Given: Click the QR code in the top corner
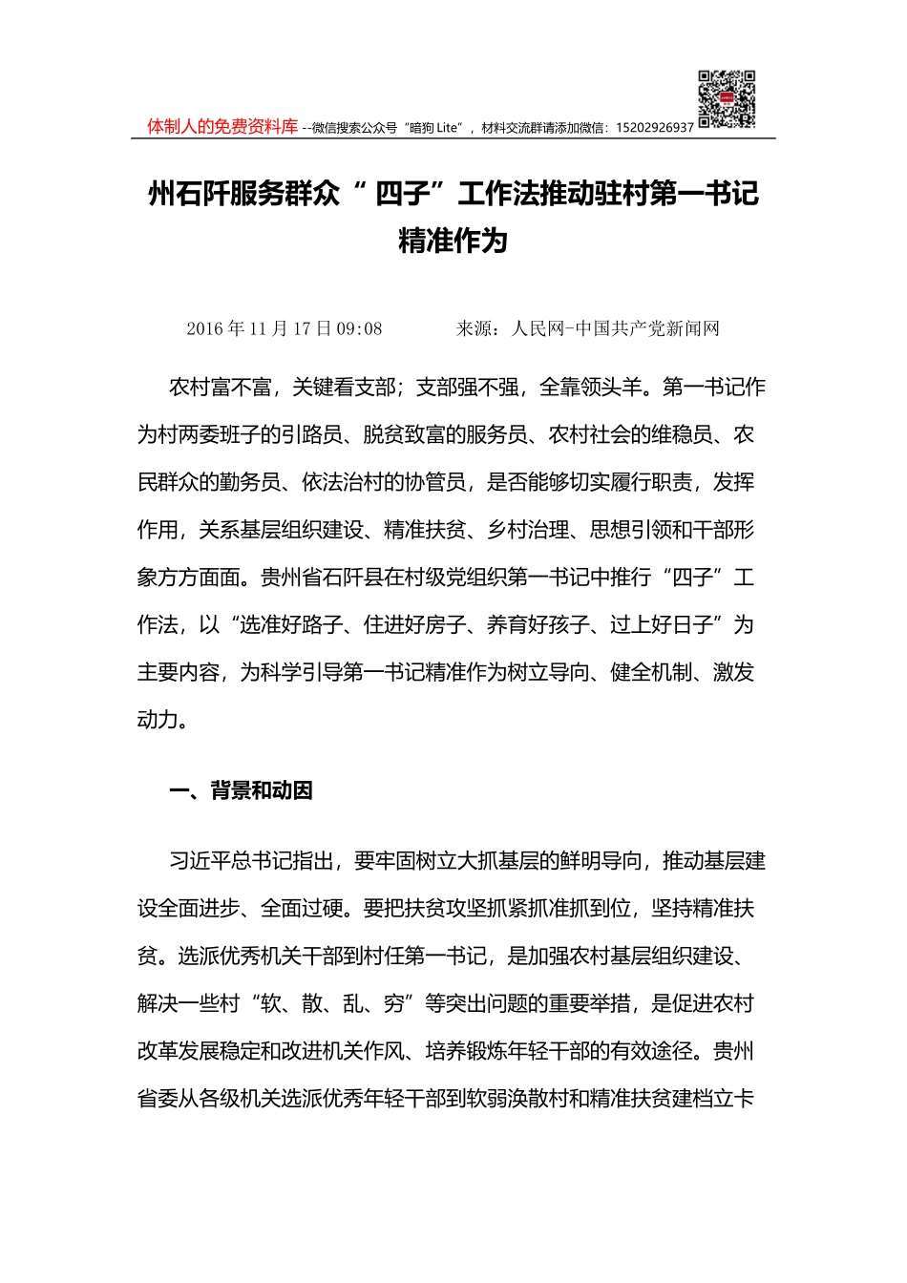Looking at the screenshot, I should [x=727, y=99].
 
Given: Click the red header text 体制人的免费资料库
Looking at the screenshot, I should [x=222, y=127].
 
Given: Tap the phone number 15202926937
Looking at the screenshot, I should [x=655, y=128].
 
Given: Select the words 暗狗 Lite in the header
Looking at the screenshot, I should [x=434, y=128].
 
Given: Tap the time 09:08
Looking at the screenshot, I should [x=360, y=329].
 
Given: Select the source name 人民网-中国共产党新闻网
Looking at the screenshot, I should [x=615, y=329].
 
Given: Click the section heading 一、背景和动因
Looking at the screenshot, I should [x=241, y=791].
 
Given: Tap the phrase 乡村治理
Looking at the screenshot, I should [x=528, y=530].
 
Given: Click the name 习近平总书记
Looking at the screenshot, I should [x=230, y=861].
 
